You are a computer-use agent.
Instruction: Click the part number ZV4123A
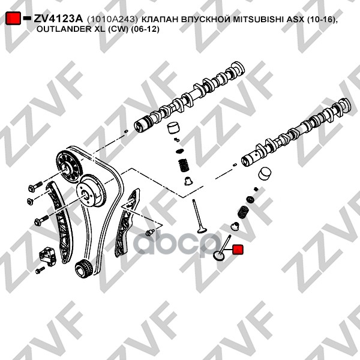click(x=58, y=19)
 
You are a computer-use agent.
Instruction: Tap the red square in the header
click(x=13, y=19)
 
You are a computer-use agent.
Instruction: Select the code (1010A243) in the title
click(x=109, y=19)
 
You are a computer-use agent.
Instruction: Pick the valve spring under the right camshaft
click(x=244, y=211)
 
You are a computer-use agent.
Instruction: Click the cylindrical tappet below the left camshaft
click(x=175, y=128)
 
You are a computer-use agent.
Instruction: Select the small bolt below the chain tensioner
click(x=40, y=271)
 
